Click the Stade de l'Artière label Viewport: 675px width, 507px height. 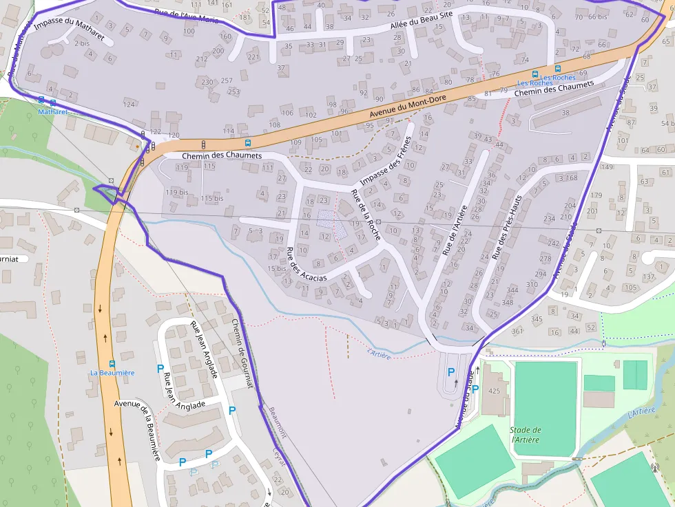pos(526,435)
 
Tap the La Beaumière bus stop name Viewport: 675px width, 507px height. pos(112,373)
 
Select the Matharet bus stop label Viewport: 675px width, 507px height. pos(52,111)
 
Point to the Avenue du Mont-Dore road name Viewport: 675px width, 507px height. pos(408,106)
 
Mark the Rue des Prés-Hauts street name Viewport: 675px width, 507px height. pos(507,226)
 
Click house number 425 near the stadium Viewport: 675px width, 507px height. pos(494,391)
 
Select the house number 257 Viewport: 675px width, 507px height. pos(227,81)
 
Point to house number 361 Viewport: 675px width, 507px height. pos(517,332)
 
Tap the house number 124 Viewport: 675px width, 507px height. pos(129,105)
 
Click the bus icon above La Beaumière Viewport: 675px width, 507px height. pos(112,363)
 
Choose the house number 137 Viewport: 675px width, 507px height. pos(648,277)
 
